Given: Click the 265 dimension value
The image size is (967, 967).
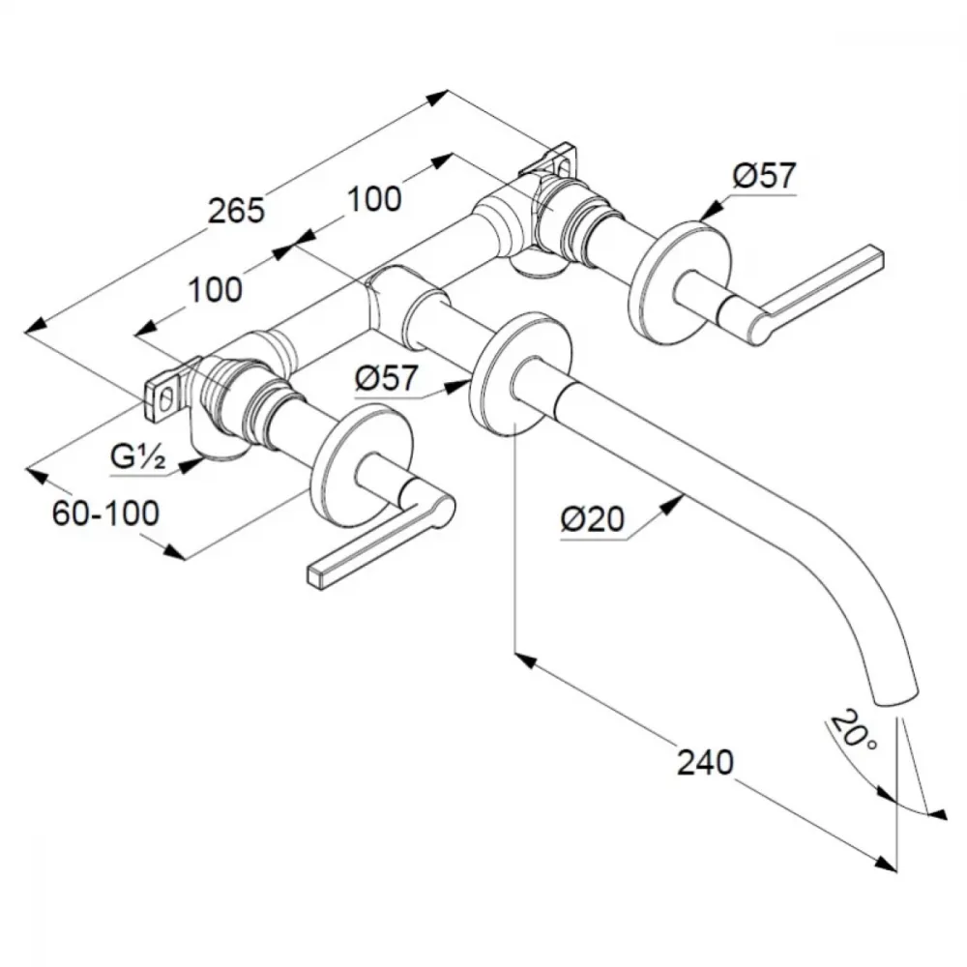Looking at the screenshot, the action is coord(237,210).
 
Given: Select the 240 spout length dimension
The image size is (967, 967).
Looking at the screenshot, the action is coord(706,762).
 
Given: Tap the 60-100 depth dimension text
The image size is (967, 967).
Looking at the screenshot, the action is coord(106,513).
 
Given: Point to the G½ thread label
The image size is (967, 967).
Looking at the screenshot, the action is coord(137,457).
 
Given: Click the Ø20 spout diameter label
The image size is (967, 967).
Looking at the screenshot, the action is coord(592,519).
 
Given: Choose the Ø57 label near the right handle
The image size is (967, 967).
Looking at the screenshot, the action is coord(764,176).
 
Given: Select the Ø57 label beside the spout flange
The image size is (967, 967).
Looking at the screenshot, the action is coord(387,377).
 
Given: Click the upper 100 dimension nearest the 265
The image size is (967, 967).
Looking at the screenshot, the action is coord(374,198).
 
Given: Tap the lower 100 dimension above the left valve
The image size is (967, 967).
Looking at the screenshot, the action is coord(215,290).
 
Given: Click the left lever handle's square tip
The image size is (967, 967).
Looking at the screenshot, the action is coord(316,575).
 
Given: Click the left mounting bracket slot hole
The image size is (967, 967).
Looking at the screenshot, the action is coord(165,401).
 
